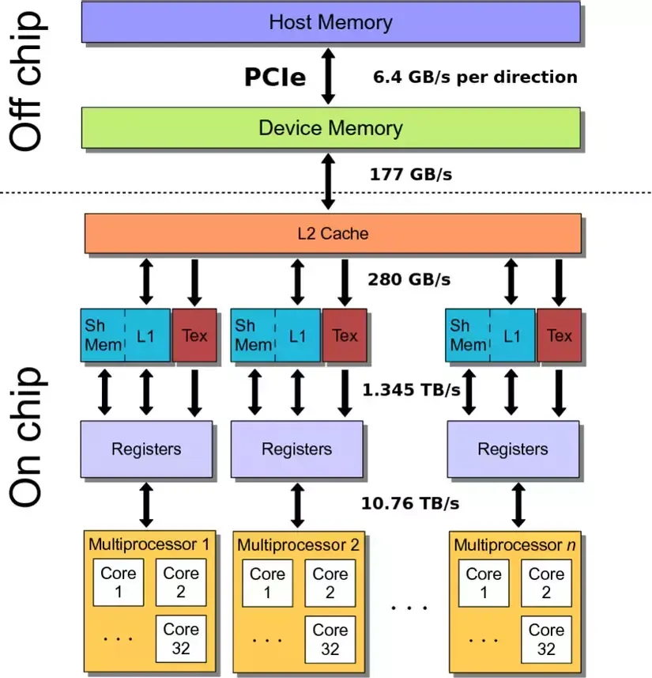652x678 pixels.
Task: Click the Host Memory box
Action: click(x=330, y=21)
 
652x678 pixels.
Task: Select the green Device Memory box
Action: click(x=330, y=127)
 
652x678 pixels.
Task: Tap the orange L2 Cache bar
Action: click(x=332, y=233)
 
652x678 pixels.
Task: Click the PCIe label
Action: click(x=274, y=77)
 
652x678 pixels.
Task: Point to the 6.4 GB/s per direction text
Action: click(x=475, y=78)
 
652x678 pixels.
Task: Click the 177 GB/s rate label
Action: click(x=411, y=174)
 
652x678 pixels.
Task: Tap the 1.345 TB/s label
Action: click(x=411, y=389)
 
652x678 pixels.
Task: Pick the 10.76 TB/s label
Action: click(x=410, y=502)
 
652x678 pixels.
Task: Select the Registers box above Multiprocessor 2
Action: click(x=296, y=449)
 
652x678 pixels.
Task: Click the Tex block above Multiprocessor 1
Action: click(x=194, y=335)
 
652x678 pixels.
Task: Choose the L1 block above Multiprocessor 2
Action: click(x=298, y=335)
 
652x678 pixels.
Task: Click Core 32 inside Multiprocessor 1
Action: click(x=180, y=639)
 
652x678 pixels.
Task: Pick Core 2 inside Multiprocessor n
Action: click(x=546, y=583)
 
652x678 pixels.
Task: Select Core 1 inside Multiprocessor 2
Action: click(x=267, y=583)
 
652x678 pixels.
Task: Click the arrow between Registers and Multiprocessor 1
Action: click(x=146, y=504)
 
